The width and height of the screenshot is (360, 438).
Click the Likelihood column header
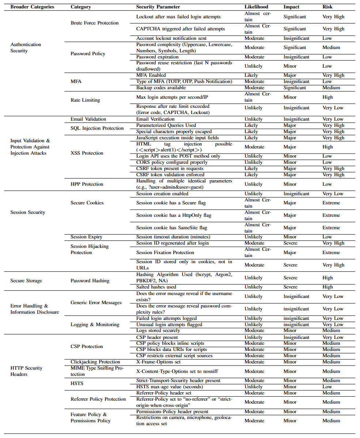(256, 7)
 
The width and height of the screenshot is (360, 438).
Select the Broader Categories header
(32, 7)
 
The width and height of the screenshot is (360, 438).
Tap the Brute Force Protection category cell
(94, 23)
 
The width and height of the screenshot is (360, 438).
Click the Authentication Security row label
(26, 48)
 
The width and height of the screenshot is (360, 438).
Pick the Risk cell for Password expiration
(327, 57)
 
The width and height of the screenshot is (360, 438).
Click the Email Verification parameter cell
(155, 119)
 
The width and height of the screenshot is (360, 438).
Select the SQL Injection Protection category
(97, 128)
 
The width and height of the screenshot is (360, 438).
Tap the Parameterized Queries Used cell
(166, 125)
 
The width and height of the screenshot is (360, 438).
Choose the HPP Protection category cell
(87, 184)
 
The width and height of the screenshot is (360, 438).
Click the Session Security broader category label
(28, 212)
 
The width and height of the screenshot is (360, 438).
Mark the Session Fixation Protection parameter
(165, 252)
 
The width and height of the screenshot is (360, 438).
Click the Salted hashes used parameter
(156, 287)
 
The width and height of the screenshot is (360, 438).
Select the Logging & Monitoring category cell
(95, 324)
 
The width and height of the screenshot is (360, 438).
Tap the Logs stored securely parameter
(158, 331)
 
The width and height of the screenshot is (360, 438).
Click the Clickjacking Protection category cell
(95, 362)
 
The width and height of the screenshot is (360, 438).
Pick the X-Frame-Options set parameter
(158, 362)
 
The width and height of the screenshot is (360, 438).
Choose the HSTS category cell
(77, 384)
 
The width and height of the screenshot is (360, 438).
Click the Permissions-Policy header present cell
(169, 411)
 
